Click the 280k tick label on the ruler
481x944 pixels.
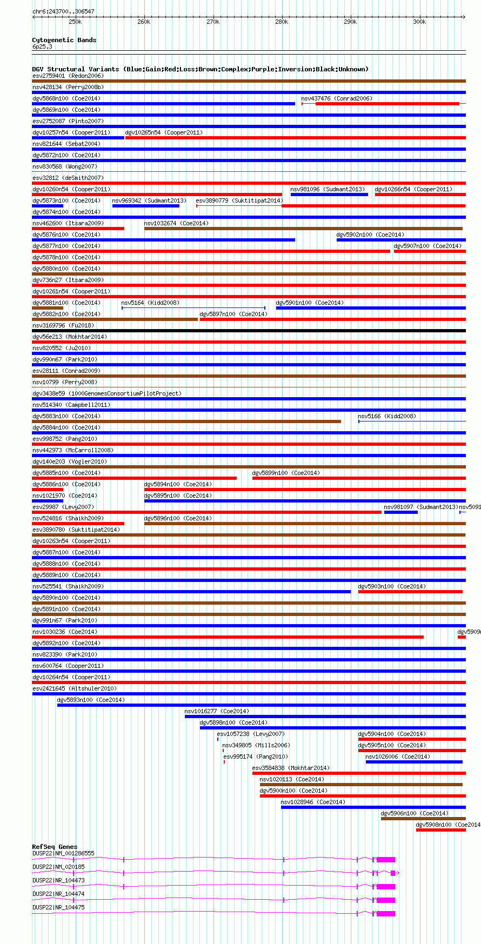[x=281, y=22]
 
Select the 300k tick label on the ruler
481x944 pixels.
[x=419, y=22]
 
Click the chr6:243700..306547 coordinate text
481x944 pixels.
[x=63, y=11]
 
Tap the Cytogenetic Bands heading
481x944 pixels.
[x=64, y=40]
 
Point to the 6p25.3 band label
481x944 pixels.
[x=42, y=47]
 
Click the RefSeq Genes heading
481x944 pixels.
[x=55, y=847]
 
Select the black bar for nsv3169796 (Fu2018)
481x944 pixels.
[x=249, y=331]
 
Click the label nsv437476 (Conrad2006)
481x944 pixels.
[x=337, y=98]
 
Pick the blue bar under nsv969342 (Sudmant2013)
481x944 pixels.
[x=145, y=206]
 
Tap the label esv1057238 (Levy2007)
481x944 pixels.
[x=250, y=734]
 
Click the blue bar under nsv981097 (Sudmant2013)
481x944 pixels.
[x=400, y=512]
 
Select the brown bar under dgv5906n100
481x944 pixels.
[x=423, y=819]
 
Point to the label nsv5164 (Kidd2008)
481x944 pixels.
[x=150, y=303]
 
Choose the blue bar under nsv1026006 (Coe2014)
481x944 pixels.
[x=414, y=762]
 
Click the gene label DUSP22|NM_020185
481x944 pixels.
[x=58, y=867]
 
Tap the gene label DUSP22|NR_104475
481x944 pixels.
[x=58, y=907]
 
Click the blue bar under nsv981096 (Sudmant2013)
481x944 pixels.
[x=329, y=195]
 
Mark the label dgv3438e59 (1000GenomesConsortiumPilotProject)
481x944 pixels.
[x=107, y=393]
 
